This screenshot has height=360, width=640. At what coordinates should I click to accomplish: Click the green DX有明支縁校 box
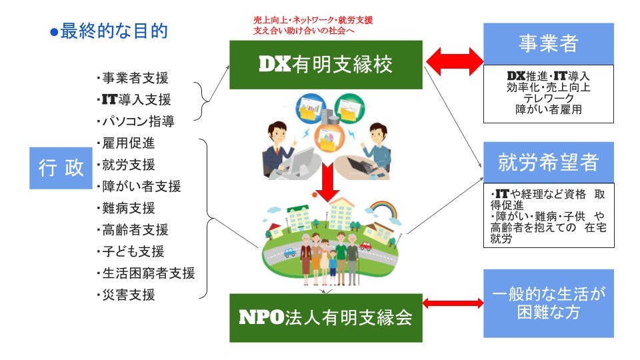point(326,65)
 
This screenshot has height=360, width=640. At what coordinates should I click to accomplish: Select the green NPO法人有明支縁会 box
point(326,317)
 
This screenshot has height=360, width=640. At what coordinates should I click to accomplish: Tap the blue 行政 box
point(61,168)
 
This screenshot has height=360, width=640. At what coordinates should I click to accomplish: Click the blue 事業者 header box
point(548,44)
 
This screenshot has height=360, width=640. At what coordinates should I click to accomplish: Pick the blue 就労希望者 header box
point(548,162)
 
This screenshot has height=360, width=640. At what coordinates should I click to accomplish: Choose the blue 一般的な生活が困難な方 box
point(548,303)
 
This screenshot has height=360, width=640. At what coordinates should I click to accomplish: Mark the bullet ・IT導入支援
point(133,100)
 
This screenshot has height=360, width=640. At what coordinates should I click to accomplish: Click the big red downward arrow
point(327,182)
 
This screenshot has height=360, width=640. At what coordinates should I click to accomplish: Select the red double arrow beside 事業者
point(454,62)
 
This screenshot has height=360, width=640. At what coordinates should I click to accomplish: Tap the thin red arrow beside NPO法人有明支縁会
point(453,303)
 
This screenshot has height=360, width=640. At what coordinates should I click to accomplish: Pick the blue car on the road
point(289,253)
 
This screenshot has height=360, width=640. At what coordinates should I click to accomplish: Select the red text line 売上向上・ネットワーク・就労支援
point(313,21)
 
